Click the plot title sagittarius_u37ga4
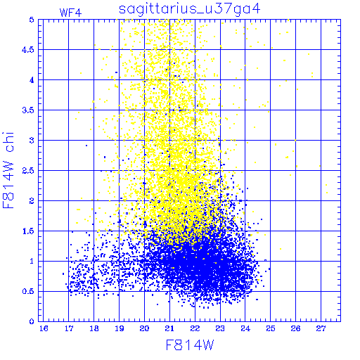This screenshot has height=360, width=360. pyautogui.click(x=189, y=10)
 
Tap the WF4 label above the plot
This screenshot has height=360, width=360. pyautogui.click(x=70, y=13)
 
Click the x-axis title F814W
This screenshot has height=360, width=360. pyautogui.click(x=190, y=345)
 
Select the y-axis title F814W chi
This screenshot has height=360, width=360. pyautogui.click(x=8, y=170)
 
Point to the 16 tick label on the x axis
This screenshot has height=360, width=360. pyautogui.click(x=44, y=328)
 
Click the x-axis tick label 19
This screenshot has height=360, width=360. pyautogui.click(x=120, y=328)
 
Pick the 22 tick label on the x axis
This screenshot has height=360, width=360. pyautogui.click(x=195, y=328)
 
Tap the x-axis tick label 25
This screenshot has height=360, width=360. pyautogui.click(x=271, y=328)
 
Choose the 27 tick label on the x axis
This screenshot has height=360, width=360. pyautogui.click(x=321, y=328)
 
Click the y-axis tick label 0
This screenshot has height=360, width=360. pyautogui.click(x=32, y=321)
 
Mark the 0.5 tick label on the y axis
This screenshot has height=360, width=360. pyautogui.click(x=28, y=291)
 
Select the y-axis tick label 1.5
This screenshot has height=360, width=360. pyautogui.click(x=28, y=231)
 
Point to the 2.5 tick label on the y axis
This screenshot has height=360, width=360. pyautogui.click(x=28, y=171)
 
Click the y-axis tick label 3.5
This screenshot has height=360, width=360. pyautogui.click(x=28, y=110)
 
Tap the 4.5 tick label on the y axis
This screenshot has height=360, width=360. pyautogui.click(x=28, y=50)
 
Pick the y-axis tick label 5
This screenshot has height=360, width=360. pyautogui.click(x=32, y=20)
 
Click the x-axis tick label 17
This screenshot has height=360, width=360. pyautogui.click(x=69, y=328)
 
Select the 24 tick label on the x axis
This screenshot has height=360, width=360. pyautogui.click(x=245, y=328)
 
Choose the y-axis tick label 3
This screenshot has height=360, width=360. pyautogui.click(x=32, y=141)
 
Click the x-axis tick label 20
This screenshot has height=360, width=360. pyautogui.click(x=144, y=328)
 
